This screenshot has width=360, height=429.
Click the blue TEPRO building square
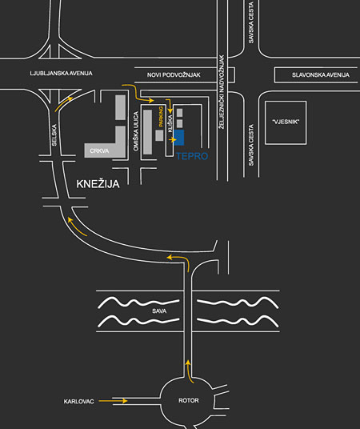[x=179, y=138]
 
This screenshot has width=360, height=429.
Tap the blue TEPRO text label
[x=192, y=156]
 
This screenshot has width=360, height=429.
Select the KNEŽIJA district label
[x=98, y=183]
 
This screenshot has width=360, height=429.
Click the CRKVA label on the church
[x=99, y=150]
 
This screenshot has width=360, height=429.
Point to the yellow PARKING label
[x=161, y=117]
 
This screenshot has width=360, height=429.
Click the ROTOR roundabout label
[x=189, y=400]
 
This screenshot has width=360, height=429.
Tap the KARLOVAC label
[x=78, y=401]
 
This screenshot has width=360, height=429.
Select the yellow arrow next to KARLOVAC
[x=113, y=401]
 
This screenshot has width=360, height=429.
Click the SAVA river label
[x=159, y=311]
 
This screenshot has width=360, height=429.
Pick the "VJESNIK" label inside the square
[x=286, y=122]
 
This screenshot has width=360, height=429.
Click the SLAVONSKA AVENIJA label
[x=321, y=74]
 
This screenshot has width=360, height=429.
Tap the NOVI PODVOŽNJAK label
[x=174, y=74]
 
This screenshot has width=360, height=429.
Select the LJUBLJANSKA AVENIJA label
[x=61, y=74]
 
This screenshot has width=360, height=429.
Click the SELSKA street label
[x=54, y=135]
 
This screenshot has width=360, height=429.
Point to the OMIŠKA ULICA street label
[x=136, y=131]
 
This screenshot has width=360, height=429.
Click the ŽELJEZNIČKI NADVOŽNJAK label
[x=222, y=92]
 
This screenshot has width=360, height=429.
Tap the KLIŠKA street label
[x=170, y=124]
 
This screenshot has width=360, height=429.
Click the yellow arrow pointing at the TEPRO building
[x=173, y=140]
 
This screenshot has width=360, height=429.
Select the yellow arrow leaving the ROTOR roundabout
[x=189, y=371]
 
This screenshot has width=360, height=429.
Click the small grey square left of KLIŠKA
[x=159, y=135]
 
